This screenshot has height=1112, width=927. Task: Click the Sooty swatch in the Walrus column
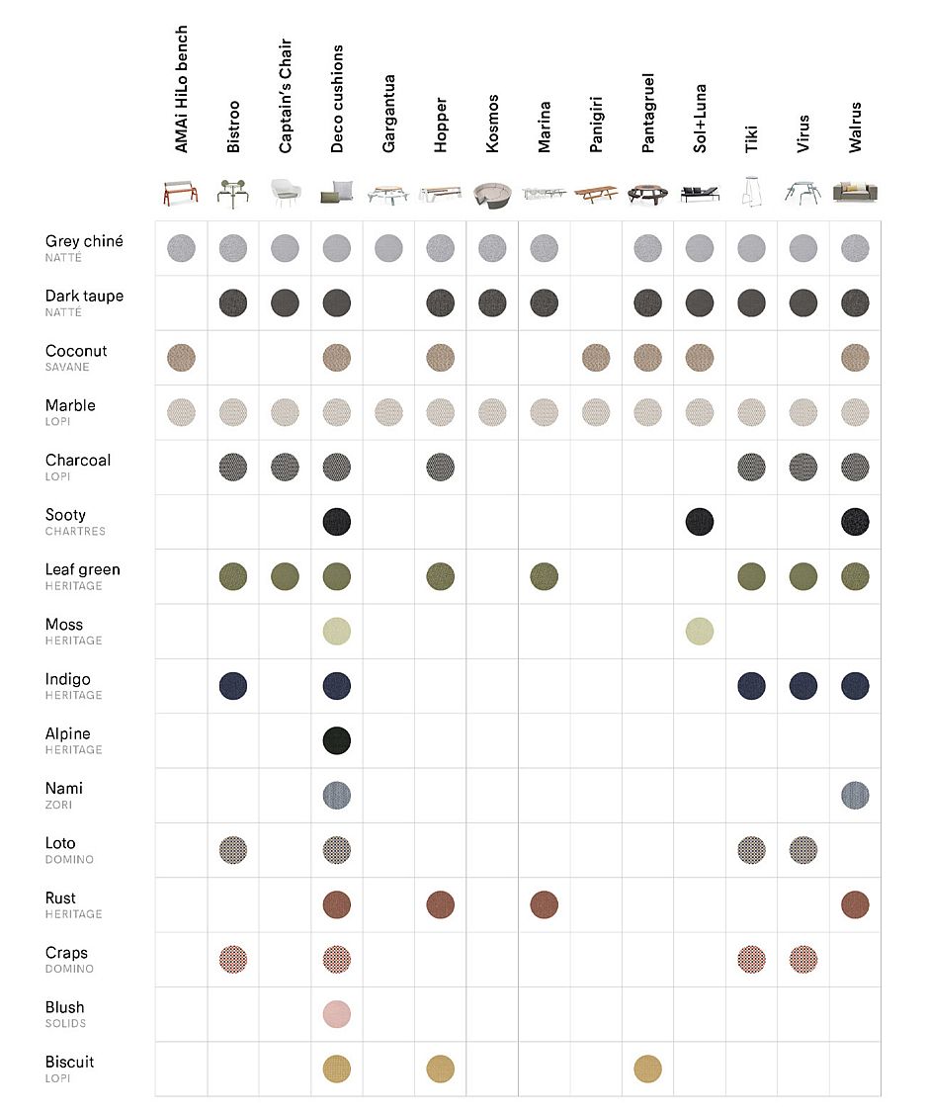click(855, 522)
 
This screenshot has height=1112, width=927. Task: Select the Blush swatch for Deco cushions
click(337, 1014)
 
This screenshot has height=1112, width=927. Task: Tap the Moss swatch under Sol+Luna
click(700, 632)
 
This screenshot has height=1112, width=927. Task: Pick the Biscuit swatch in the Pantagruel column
click(647, 1069)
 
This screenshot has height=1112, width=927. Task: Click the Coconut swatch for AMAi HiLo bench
click(182, 358)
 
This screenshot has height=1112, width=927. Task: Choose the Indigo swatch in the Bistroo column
click(233, 686)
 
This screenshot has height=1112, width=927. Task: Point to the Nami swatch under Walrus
click(855, 795)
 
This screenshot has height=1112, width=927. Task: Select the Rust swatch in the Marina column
click(544, 904)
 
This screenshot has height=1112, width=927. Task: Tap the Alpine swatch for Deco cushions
click(337, 740)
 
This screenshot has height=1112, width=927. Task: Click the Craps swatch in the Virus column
click(802, 960)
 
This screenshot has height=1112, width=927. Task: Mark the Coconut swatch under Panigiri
click(596, 358)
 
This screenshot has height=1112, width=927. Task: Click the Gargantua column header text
click(388, 114)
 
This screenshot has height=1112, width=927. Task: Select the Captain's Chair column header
click(286, 96)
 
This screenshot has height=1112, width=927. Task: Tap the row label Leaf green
click(82, 569)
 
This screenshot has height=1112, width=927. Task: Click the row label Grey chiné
click(84, 241)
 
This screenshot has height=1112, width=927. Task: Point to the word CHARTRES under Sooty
click(75, 531)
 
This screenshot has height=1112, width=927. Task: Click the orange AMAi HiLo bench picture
click(181, 193)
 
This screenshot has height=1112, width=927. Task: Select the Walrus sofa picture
click(856, 193)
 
